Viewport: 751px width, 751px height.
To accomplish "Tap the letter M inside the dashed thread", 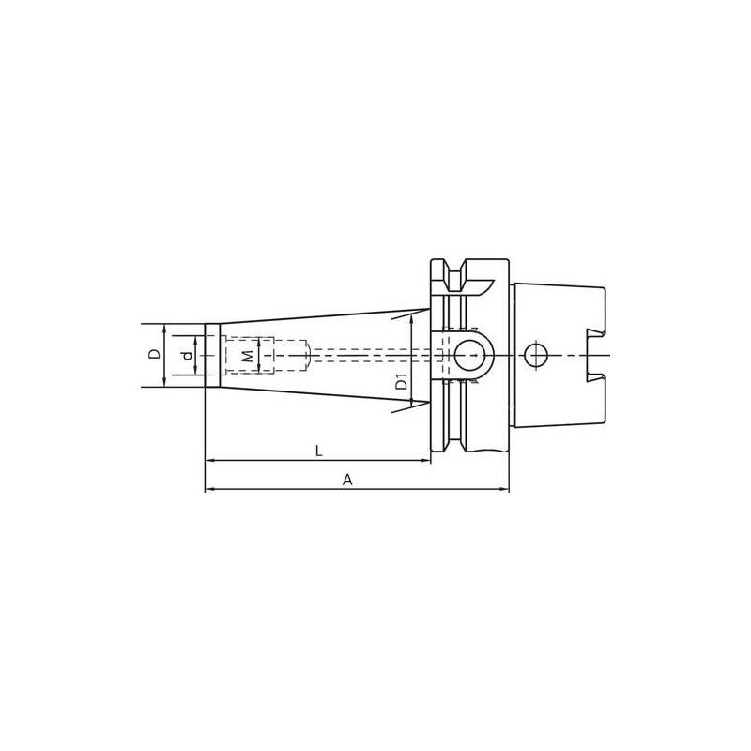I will click(x=247, y=356).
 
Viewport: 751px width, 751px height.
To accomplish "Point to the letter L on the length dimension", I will click(x=319, y=451).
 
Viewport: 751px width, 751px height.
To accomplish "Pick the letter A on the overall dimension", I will click(x=347, y=480).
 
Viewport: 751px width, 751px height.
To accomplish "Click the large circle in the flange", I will click(x=473, y=355).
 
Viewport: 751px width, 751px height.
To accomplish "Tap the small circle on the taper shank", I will click(x=536, y=356).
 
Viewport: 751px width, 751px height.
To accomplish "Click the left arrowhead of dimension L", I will click(x=209, y=460).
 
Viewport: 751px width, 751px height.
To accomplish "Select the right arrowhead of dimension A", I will click(x=504, y=489).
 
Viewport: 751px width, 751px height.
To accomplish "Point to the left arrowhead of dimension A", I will click(x=209, y=489).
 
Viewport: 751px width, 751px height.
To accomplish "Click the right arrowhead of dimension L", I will click(x=426, y=460).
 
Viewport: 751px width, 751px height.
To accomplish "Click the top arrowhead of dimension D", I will click(x=165, y=329).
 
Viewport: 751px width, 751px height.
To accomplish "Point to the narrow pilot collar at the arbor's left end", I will click(x=213, y=355).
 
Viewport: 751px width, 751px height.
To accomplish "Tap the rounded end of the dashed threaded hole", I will click(x=306, y=355).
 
